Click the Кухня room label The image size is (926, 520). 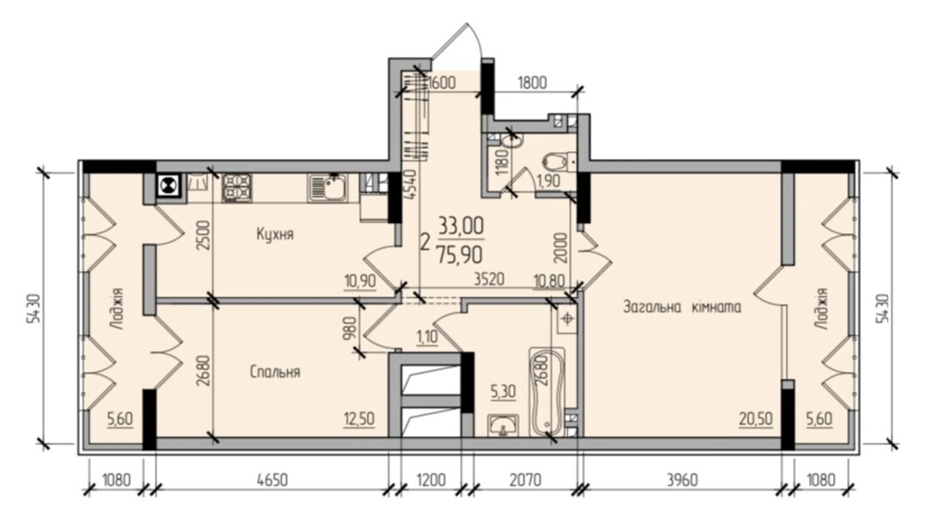(275, 234)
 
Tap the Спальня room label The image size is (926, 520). (275, 371)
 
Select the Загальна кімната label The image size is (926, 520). (682, 306)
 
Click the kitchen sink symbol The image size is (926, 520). (328, 188)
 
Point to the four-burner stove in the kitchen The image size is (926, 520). (237, 188)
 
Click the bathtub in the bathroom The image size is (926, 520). (547, 392)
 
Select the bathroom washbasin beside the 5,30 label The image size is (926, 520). (503, 426)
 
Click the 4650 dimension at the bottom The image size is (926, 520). (272, 480)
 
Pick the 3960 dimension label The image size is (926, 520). (682, 480)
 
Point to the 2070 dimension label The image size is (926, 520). (525, 480)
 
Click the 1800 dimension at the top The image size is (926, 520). (532, 82)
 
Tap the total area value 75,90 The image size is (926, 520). (459, 255)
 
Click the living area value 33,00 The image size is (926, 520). (461, 226)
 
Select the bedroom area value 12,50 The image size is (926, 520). (359, 419)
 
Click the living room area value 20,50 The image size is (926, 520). (756, 419)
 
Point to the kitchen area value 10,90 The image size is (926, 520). (360, 281)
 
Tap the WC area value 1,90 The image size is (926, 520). (548, 181)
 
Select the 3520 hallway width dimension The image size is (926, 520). (489, 279)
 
